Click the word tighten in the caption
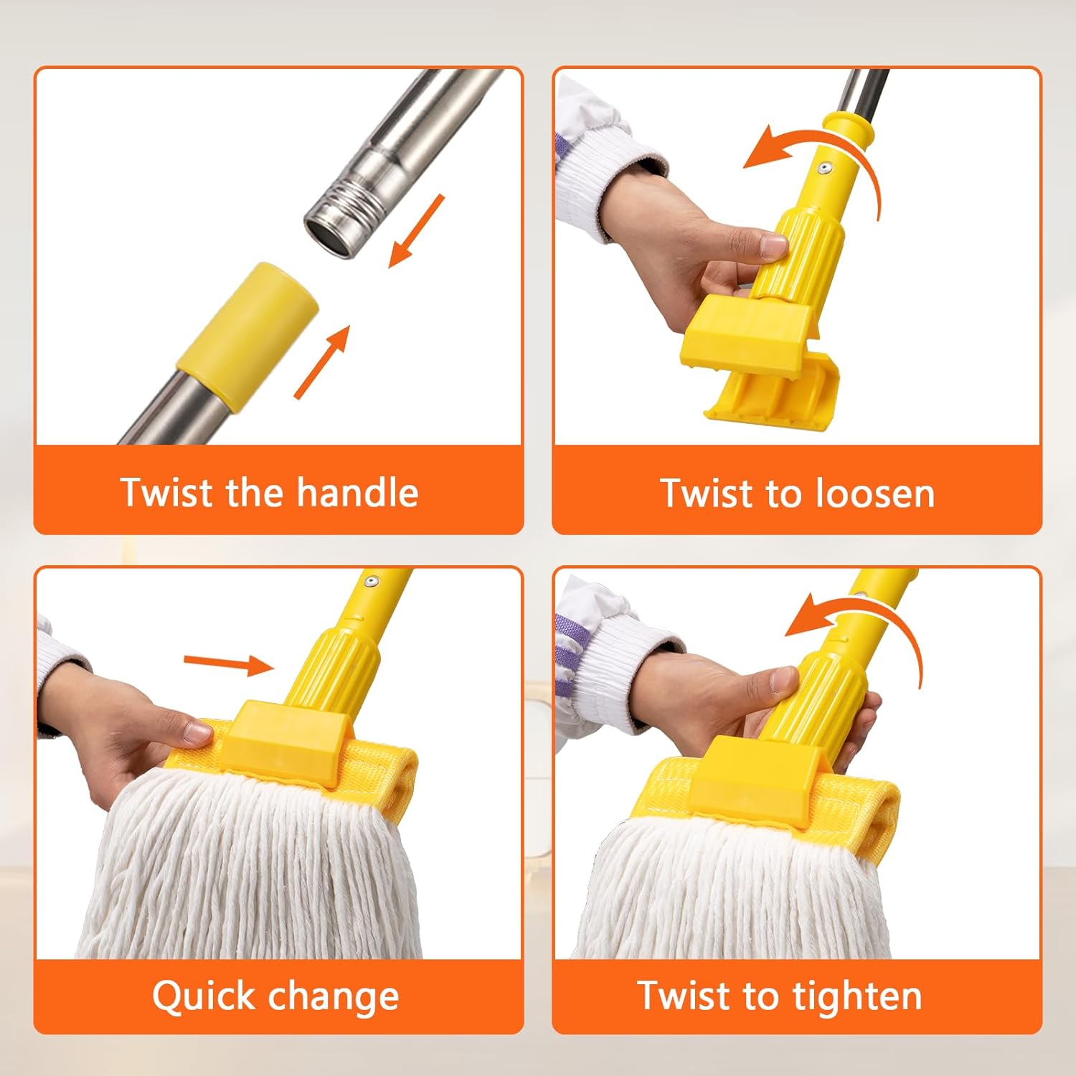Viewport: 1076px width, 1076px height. tap(856, 996)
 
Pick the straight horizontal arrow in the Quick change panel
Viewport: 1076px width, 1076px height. tap(228, 664)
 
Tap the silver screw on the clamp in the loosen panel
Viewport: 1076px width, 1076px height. tap(826, 169)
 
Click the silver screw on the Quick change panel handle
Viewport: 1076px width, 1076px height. tap(370, 582)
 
